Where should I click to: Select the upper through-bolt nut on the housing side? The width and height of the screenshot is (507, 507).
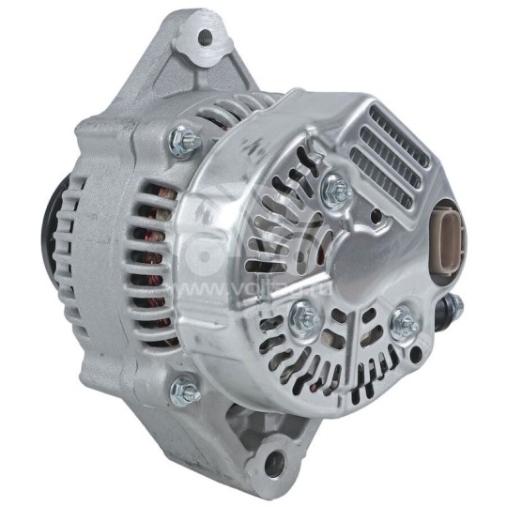tap(182, 142)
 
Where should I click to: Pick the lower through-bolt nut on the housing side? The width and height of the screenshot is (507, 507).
tap(185, 388)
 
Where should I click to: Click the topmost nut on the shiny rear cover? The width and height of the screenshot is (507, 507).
tap(337, 191)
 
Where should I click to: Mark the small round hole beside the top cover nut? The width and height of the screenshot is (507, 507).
tap(376, 215)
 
